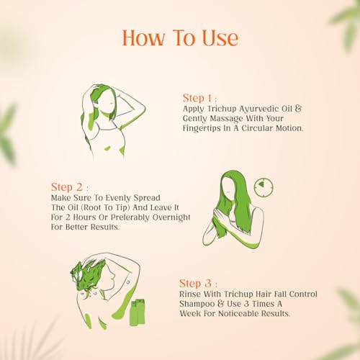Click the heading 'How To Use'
[181, 38]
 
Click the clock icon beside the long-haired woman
[264, 187]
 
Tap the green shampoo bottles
[138, 312]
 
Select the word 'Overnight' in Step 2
[171, 217]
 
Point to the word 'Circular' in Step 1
[257, 128]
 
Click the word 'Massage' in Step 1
[226, 119]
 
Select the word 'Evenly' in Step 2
[118, 198]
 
